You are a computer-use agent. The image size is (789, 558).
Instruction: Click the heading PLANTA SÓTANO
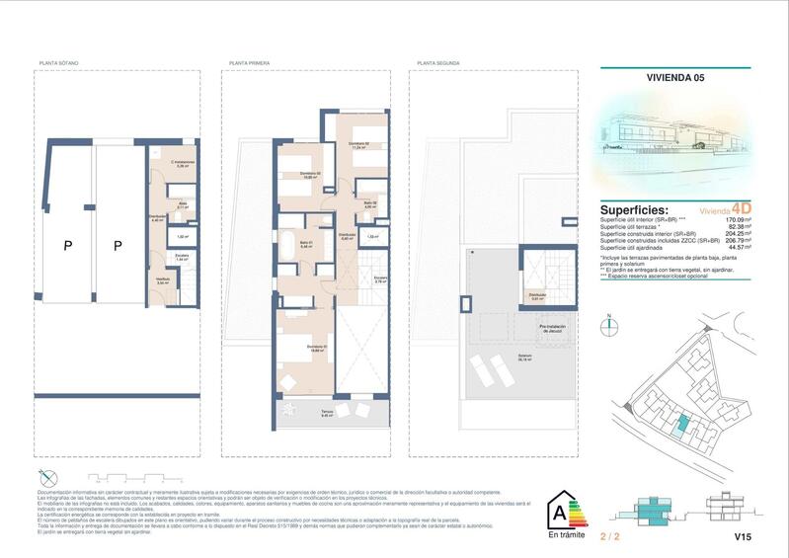click(58, 63)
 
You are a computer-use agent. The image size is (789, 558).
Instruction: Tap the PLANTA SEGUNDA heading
click(439, 63)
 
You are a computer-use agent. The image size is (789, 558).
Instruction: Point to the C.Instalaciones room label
click(182, 164)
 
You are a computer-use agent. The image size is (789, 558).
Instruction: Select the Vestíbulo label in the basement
click(160, 280)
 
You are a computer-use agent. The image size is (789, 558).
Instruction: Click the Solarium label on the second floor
click(526, 357)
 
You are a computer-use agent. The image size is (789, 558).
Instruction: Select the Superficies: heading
click(634, 210)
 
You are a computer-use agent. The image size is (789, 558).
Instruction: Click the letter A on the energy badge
click(558, 513)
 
